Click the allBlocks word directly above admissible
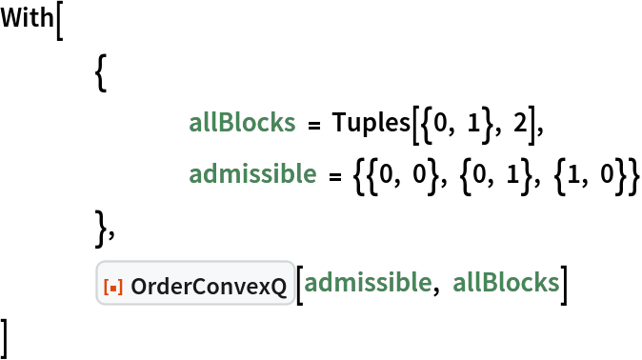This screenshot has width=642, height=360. tap(242, 123)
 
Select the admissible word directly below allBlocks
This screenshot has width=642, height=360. tap(252, 174)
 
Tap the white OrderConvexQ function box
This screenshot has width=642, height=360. tap(195, 283)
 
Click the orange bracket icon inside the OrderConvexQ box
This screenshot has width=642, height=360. tap(113, 284)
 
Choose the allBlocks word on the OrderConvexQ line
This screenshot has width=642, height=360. tap(506, 283)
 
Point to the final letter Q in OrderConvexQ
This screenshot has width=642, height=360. tap(279, 284)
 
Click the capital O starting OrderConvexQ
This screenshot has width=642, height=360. tap(139, 284)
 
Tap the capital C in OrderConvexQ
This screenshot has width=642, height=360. tap(199, 284)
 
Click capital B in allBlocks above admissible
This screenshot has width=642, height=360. tap(223, 123)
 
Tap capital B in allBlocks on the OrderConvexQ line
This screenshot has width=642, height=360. tap(487, 283)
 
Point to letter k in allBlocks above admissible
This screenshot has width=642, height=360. tap(274, 123)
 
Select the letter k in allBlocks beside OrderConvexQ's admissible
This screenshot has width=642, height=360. tap(538, 283)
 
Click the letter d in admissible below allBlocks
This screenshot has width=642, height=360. tap(211, 174)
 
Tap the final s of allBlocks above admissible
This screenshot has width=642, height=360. tap(289, 123)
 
